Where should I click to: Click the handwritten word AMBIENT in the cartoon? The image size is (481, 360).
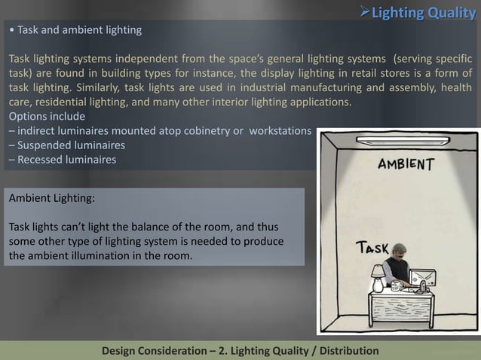point(405,163)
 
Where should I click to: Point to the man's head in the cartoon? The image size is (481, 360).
point(398,253)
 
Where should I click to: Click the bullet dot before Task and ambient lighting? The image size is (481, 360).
point(10,31)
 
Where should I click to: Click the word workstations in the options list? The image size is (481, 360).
point(280,130)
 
